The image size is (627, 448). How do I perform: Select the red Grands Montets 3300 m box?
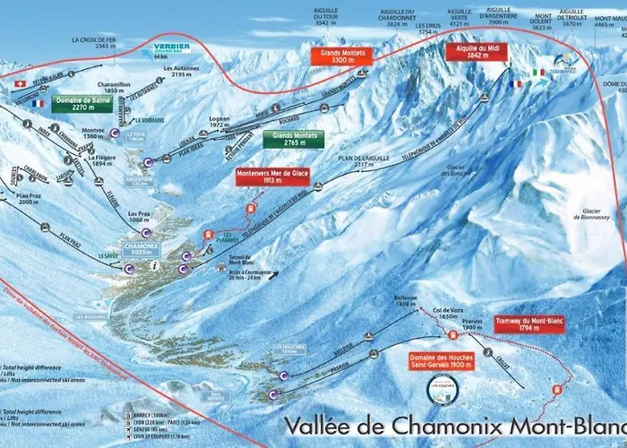340,56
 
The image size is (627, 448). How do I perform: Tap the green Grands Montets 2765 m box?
293,139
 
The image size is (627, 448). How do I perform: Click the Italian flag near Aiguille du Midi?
538,73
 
